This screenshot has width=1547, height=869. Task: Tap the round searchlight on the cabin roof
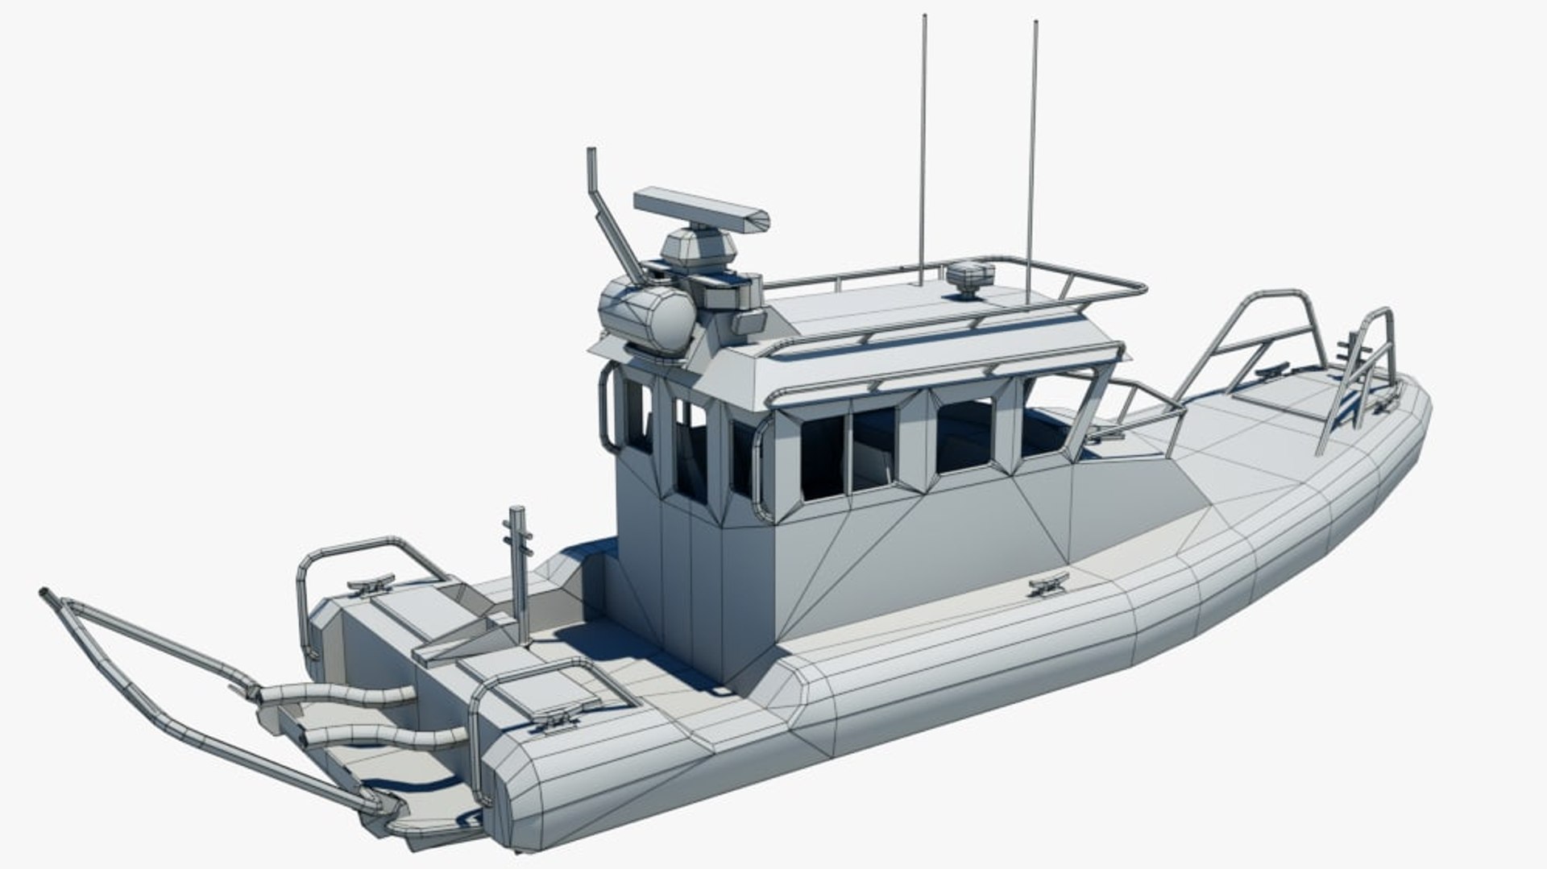coord(649,317)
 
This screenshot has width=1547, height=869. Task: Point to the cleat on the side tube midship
coord(1049,583)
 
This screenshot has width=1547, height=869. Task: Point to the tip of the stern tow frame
coord(45,594)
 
